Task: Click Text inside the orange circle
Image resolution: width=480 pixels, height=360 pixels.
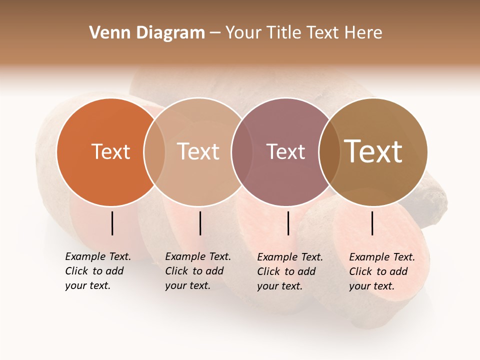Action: tap(110, 151)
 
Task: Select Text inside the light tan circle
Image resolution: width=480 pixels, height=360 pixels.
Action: tap(198, 151)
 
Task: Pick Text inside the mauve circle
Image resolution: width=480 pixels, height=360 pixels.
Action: tap(285, 151)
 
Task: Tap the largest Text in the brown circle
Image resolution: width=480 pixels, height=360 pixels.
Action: tap(373, 151)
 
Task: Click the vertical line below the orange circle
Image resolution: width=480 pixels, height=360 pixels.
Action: tap(112, 223)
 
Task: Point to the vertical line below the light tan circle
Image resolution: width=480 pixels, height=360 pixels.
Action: tap(200, 223)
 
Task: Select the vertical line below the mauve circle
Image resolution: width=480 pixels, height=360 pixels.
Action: tap(288, 223)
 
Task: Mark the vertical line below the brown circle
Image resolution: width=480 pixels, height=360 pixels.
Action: tap(372, 223)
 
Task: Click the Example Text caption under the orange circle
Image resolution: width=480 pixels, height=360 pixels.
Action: tap(97, 271)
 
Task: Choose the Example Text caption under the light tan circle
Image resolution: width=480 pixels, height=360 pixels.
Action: tap(197, 271)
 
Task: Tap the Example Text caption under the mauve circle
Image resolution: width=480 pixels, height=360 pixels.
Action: tap(289, 271)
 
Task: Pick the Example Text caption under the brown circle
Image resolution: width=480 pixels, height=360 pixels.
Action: tap(381, 271)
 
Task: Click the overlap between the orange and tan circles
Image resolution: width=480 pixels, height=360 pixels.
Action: tap(154, 151)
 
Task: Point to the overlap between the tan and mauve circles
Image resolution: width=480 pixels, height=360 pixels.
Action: tap(238, 151)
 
